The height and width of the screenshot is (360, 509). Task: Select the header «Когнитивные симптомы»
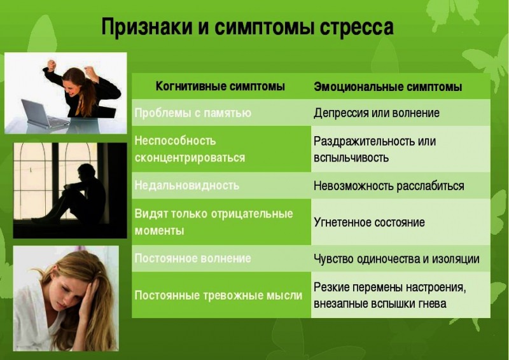220,86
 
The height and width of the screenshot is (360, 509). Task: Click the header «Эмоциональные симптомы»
387,87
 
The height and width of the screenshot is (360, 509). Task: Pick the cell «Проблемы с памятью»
193,113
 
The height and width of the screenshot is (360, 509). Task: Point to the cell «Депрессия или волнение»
377,113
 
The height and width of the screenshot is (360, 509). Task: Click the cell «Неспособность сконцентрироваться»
190,149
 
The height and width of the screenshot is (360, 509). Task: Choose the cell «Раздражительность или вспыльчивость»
375,149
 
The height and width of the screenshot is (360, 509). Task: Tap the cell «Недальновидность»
186,185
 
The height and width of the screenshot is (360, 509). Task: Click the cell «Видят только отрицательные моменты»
213,221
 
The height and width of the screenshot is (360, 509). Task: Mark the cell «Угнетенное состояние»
369,222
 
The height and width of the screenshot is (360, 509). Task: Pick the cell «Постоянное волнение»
192,258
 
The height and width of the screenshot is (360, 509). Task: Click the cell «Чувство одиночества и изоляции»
396,259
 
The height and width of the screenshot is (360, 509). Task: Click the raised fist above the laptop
52,64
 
